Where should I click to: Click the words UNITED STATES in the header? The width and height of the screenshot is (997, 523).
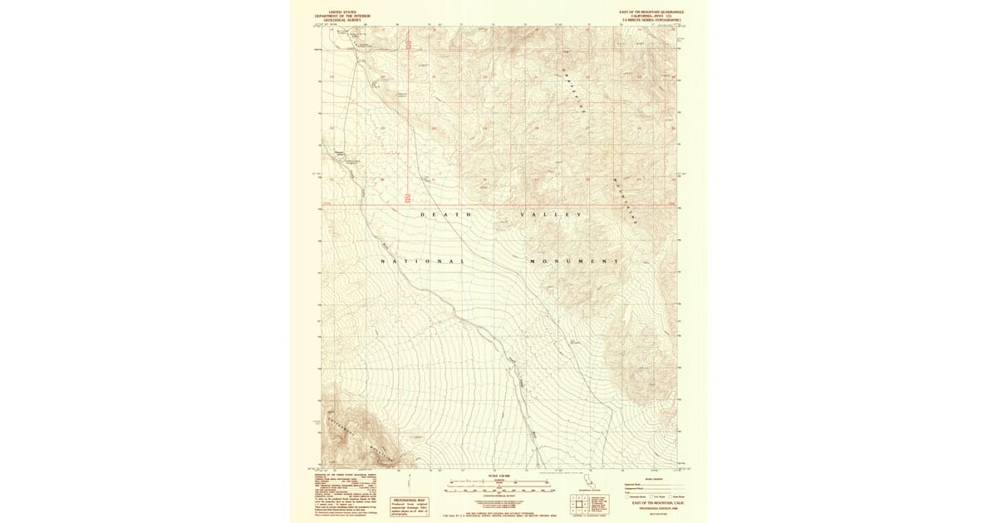342,12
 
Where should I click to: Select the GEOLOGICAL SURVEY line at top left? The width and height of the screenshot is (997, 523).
342,19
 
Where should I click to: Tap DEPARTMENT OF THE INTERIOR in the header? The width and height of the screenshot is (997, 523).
342,16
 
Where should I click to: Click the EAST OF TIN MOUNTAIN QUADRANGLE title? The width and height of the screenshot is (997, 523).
651,12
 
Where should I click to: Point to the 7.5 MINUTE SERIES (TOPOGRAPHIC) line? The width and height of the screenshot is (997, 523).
651,19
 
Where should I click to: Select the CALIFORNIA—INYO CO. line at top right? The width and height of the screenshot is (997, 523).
651,16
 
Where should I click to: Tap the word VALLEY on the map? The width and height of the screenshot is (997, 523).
550,215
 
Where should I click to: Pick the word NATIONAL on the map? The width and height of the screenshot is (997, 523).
421,261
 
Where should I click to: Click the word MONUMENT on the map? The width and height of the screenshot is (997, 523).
573,261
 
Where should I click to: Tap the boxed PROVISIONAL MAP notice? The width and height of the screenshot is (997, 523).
409,506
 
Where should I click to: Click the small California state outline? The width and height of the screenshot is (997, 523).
591,482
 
